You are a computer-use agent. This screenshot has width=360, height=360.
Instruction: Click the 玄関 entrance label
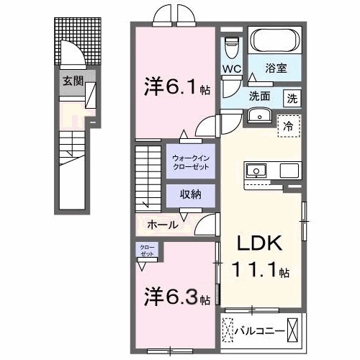point(71,81)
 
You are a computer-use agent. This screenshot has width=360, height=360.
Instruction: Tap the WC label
point(231,68)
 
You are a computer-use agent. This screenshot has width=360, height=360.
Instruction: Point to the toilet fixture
point(231,46)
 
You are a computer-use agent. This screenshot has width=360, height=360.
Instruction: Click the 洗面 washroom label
point(260,96)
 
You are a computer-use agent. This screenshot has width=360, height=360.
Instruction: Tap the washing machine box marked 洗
point(292,97)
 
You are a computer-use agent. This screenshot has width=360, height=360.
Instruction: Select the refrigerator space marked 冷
point(287,125)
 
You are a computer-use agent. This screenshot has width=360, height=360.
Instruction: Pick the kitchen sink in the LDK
point(256,171)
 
